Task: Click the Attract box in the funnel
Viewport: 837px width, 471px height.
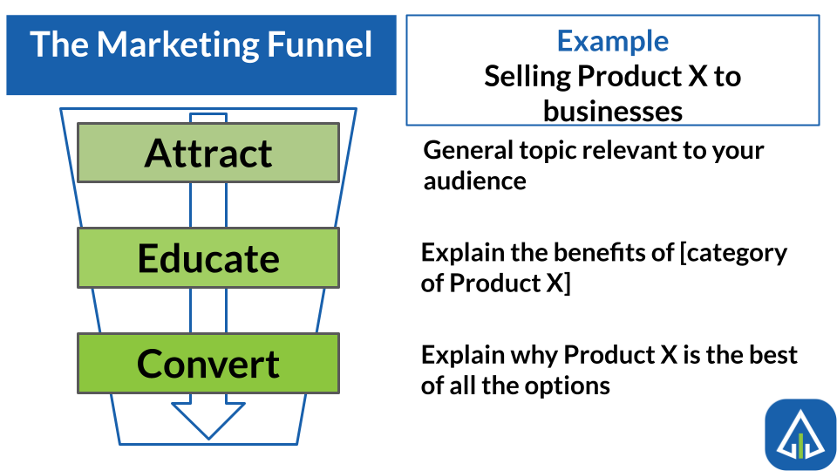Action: click(208, 153)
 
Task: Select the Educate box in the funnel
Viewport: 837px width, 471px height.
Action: click(208, 258)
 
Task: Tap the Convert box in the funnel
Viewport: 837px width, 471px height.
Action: click(208, 363)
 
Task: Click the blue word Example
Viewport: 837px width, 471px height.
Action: click(613, 41)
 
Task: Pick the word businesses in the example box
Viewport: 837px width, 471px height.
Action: click(613, 111)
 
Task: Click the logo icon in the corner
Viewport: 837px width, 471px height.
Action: click(800, 434)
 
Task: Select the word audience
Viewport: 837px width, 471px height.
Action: click(475, 181)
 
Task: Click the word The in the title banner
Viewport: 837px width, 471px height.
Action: click(59, 44)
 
